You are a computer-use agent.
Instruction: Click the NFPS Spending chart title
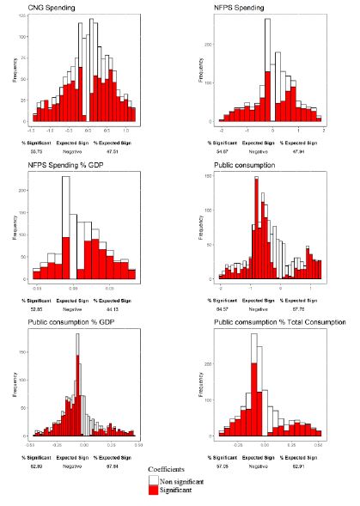(x=240, y=8)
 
